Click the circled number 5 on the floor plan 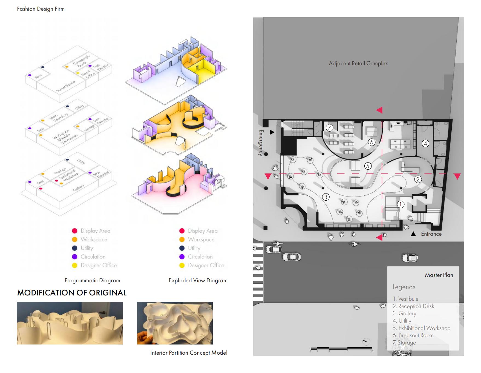coord(368,166)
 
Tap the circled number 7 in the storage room coord(329,127)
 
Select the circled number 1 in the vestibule coord(401,204)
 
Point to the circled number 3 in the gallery coord(326,197)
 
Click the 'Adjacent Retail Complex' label coord(358,63)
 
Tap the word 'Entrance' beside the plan coord(431,234)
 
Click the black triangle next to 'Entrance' coord(413,234)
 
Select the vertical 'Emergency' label coord(261,143)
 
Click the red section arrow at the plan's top coord(379,110)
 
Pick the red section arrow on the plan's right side coord(457,176)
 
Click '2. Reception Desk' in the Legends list coord(413,306)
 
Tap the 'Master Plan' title coord(439,275)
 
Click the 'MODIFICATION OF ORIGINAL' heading coord(72,293)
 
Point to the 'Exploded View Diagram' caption coord(198,280)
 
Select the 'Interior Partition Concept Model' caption coord(189,353)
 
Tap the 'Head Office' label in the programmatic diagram coord(88,74)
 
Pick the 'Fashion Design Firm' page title coord(41,9)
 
